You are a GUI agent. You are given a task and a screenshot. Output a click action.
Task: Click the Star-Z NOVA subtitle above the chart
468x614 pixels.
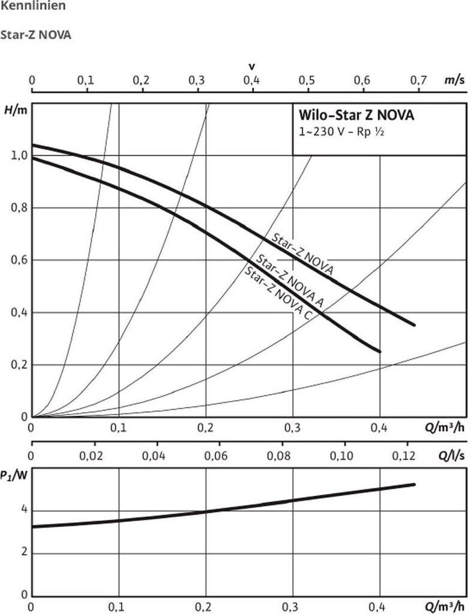37,35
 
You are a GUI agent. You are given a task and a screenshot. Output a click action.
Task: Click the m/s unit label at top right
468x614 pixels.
454,80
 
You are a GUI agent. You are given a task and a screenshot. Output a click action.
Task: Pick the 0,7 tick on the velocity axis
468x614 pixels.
418,80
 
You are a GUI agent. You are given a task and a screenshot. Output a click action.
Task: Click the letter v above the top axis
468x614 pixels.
251,65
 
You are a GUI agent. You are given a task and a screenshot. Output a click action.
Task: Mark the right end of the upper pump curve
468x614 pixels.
414,325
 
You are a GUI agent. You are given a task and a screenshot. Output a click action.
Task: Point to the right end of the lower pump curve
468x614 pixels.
380,351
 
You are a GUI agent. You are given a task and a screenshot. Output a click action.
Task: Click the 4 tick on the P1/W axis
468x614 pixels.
24,511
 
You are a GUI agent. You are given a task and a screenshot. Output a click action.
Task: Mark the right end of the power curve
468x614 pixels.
414,484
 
